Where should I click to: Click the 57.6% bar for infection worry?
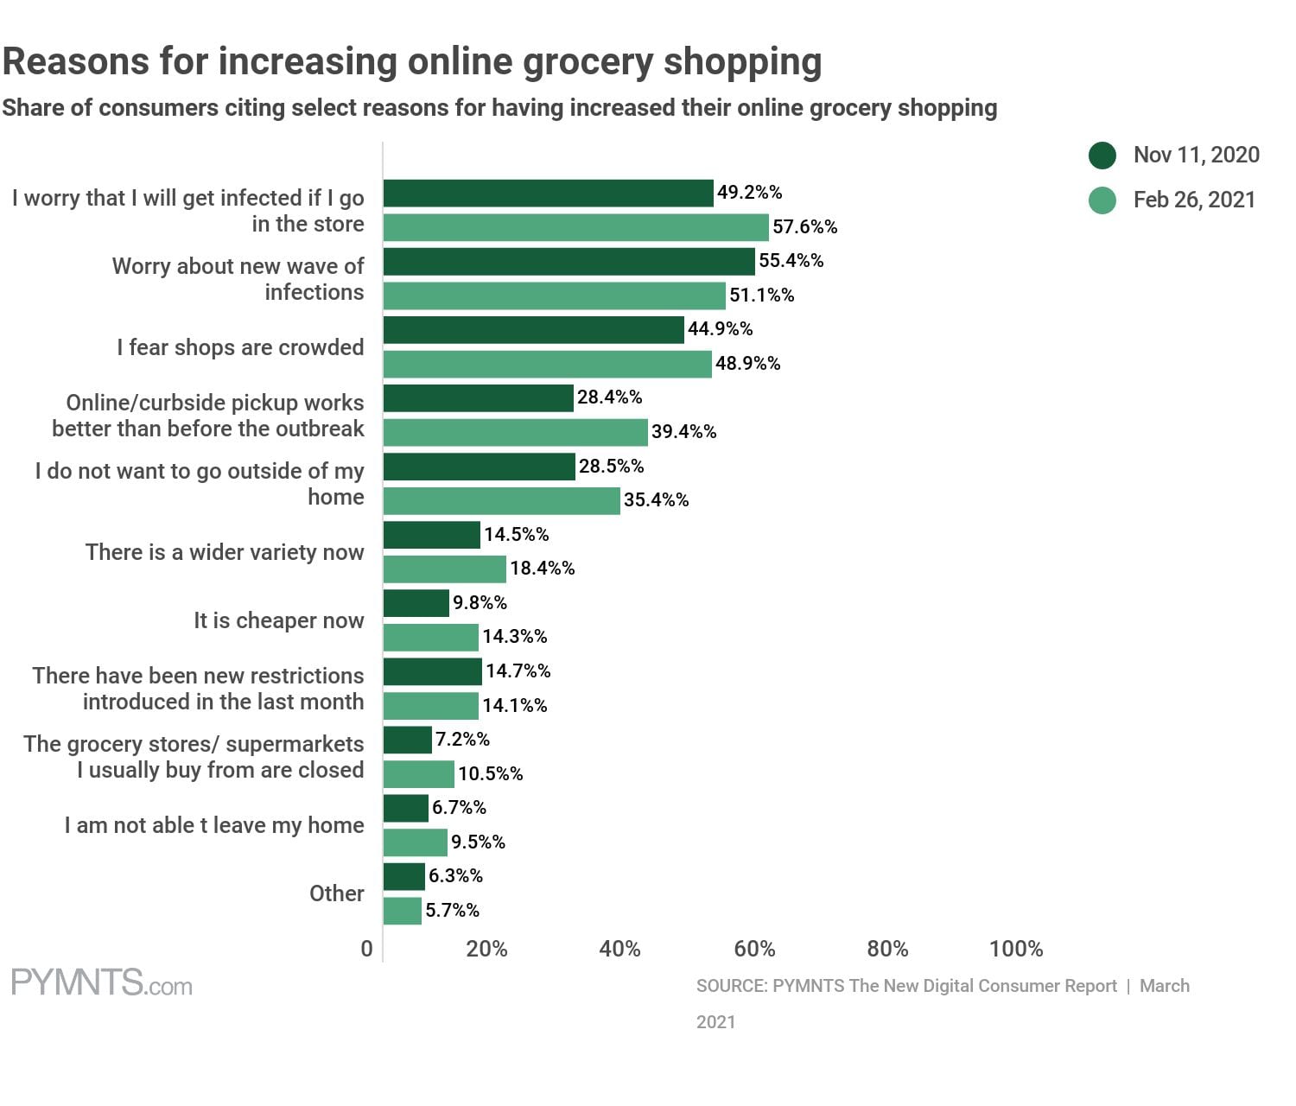click(x=575, y=227)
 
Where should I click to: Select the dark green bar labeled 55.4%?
click(x=569, y=261)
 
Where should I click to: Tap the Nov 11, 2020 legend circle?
click(x=1102, y=156)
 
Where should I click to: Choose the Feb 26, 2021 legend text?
click(x=1194, y=200)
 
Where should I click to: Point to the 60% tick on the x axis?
click(x=754, y=949)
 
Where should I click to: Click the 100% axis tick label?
click(x=1015, y=949)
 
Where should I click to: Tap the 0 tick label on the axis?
click(x=367, y=949)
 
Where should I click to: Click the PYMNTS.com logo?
click(x=102, y=983)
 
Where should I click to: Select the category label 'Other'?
click(x=337, y=893)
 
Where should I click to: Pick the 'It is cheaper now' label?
click(x=279, y=620)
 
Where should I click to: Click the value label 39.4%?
click(x=683, y=432)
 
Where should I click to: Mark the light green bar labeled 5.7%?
click(x=403, y=911)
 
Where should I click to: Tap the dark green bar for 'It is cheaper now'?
click(x=416, y=603)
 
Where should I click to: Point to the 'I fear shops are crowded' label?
click(x=240, y=347)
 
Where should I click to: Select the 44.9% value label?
click(x=720, y=329)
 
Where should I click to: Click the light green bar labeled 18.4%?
click(x=445, y=569)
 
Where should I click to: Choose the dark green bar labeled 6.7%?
click(x=406, y=808)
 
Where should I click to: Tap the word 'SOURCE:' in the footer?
click(x=731, y=986)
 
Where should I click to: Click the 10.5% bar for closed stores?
click(x=419, y=774)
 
